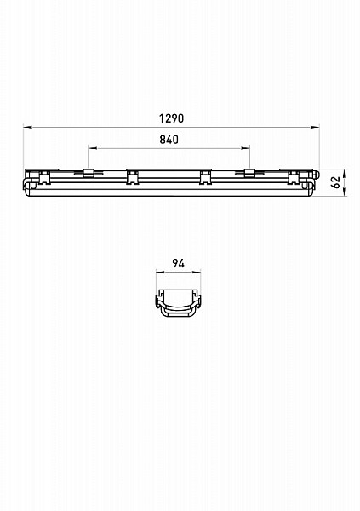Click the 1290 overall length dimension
pyautogui.click(x=171, y=118)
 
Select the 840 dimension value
pyautogui.click(x=169, y=140)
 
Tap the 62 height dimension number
pyautogui.click(x=335, y=182)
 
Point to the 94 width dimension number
pyautogui.click(x=178, y=263)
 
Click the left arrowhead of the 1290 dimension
pyautogui.click(x=27, y=127)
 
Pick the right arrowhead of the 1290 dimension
pyautogui.click(x=315, y=127)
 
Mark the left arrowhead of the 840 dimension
pyautogui.click(x=93, y=148)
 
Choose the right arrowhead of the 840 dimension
pyautogui.click(x=245, y=148)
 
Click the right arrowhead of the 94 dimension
pyautogui.click(x=197, y=272)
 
